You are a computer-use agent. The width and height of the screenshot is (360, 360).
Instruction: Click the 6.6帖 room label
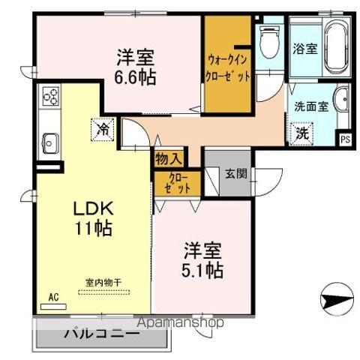tap(136, 66)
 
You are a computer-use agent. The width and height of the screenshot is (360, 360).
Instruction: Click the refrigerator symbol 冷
tap(102, 129)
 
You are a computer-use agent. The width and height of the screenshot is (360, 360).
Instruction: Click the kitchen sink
tap(50, 141)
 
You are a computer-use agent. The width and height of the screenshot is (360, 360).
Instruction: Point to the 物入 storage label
tap(168, 158)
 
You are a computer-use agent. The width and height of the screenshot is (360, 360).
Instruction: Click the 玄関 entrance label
tap(235, 174)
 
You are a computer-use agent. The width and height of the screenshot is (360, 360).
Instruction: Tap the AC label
tap(53, 296)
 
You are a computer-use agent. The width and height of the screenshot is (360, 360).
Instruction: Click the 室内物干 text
tap(103, 282)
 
